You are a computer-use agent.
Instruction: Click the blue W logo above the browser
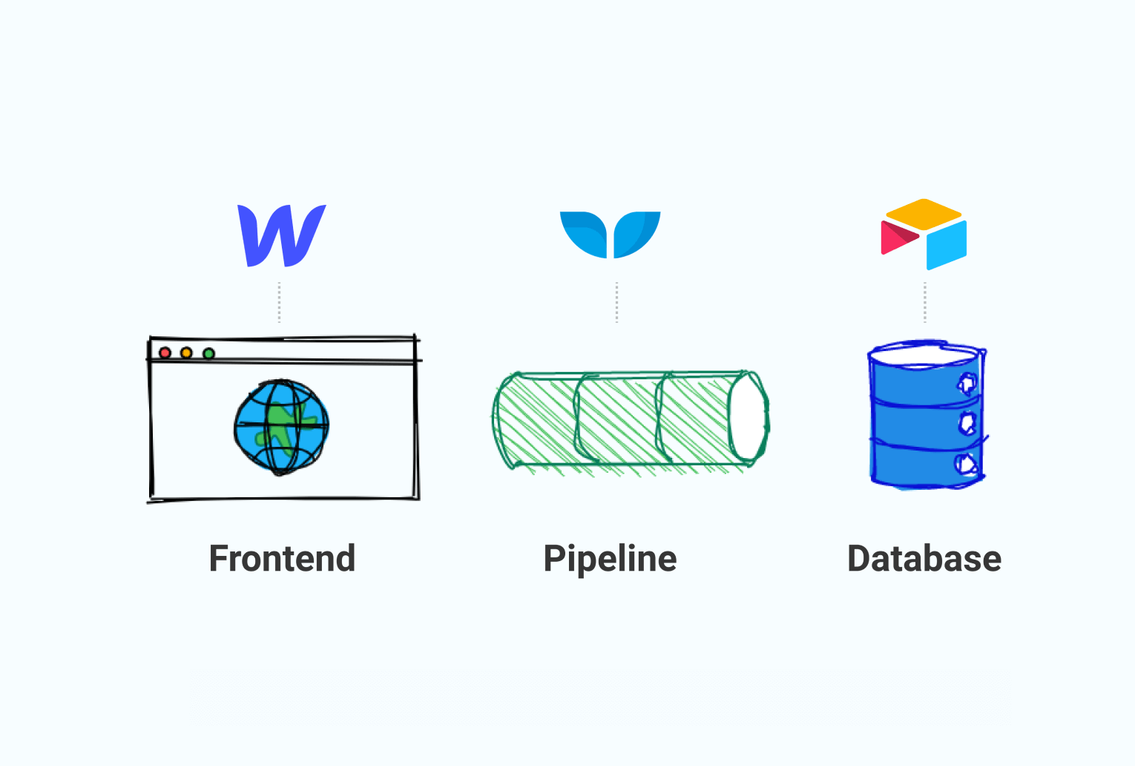282,236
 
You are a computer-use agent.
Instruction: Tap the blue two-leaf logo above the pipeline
610,235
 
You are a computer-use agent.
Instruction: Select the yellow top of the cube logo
923,214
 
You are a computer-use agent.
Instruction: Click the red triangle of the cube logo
897,238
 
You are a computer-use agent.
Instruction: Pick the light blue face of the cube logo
947,245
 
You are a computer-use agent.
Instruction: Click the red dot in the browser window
165,353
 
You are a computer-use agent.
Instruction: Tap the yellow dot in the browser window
186,353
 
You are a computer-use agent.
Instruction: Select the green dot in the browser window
208,353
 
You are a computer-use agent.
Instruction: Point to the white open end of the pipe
748,418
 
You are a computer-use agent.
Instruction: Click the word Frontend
282,558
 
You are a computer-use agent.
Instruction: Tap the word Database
924,558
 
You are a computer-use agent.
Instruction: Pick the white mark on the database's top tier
967,384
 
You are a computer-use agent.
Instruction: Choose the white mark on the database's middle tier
967,423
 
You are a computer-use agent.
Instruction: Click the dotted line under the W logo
279,302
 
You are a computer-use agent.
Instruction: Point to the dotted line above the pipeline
616,302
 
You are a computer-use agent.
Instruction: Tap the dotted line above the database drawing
925,302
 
